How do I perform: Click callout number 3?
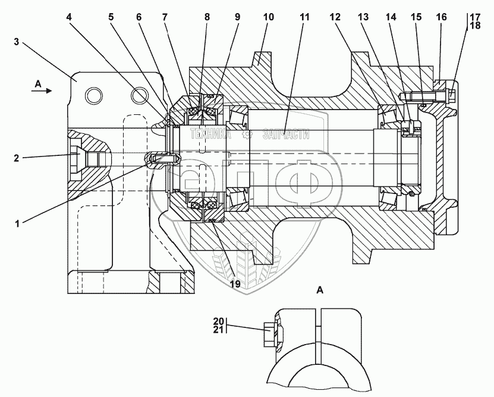pos(17,42)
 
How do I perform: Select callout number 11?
pos(304,17)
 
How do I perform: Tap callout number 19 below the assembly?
pos(235,284)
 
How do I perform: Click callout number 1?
pos(18,224)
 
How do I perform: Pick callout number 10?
pos(268,17)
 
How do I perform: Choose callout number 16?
pos(440,17)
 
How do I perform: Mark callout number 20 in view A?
pos(219,321)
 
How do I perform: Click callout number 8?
pos(207,17)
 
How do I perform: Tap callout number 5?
pos(111,17)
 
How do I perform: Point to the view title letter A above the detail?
pos(320,290)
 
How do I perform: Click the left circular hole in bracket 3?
pos(93,95)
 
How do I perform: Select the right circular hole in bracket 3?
pos(140,95)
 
